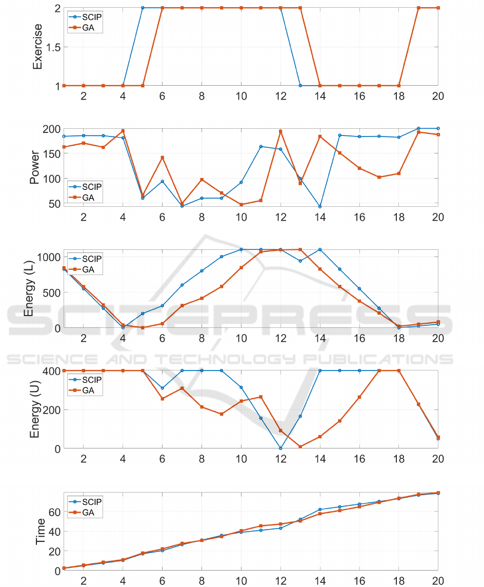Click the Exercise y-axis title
click(37, 47)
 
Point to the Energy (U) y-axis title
click(35, 410)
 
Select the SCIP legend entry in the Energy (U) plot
click(92, 379)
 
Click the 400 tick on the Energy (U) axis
click(51, 371)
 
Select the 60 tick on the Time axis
click(53, 512)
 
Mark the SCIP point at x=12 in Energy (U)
click(280, 448)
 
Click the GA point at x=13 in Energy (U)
click(300, 447)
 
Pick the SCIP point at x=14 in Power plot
click(320, 207)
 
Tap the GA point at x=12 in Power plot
click(280, 131)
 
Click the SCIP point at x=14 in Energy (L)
click(320, 249)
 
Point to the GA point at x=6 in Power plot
click(162, 158)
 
